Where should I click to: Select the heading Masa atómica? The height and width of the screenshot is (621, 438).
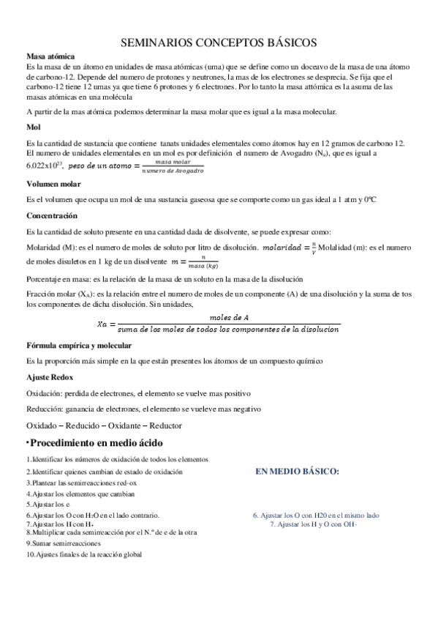click(48, 56)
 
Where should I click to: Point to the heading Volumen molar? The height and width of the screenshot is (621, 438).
click(53, 184)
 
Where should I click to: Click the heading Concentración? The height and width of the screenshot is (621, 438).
click(51, 217)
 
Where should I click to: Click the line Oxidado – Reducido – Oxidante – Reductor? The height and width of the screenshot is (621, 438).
click(104, 425)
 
